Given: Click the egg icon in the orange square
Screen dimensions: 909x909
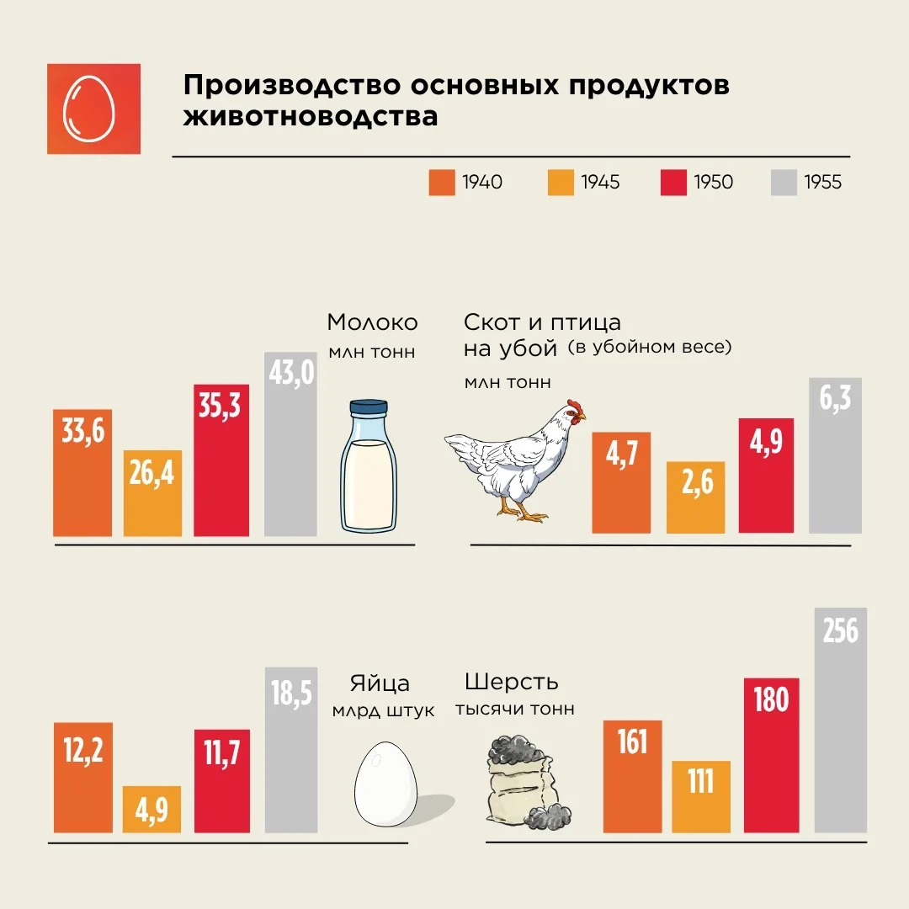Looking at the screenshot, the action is click(x=88, y=109).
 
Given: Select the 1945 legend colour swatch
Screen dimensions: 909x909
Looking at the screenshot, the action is click(x=560, y=182).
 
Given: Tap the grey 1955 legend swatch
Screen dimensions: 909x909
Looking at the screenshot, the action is click(x=784, y=182).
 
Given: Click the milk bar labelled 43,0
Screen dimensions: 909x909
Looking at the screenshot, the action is click(x=290, y=444).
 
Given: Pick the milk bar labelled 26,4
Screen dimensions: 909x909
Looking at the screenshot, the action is click(x=152, y=493).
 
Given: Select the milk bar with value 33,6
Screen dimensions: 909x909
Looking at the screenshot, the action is click(x=82, y=473).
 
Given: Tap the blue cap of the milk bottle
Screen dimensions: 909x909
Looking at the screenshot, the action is click(x=369, y=407).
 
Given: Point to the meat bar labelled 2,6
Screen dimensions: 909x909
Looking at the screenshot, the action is click(x=696, y=497).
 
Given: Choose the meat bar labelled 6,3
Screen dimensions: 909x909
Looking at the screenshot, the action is click(x=836, y=455).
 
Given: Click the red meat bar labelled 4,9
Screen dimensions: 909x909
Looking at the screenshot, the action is click(x=766, y=476).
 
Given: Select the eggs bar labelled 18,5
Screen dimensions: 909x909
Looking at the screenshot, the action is click(x=291, y=750).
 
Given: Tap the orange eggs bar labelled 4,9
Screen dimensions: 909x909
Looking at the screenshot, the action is click(x=151, y=810).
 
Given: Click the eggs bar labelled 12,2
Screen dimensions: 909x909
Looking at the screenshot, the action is click(x=82, y=778).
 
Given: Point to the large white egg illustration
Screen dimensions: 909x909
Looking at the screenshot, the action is click(x=385, y=784).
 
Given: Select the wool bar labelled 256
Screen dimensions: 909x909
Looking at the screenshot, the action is click(x=841, y=720).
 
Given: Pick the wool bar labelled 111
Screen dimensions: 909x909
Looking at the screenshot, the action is click(x=701, y=796).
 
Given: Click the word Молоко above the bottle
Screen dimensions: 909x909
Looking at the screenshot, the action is click(x=372, y=322).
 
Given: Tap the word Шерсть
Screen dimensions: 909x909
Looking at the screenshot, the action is click(x=512, y=683).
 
